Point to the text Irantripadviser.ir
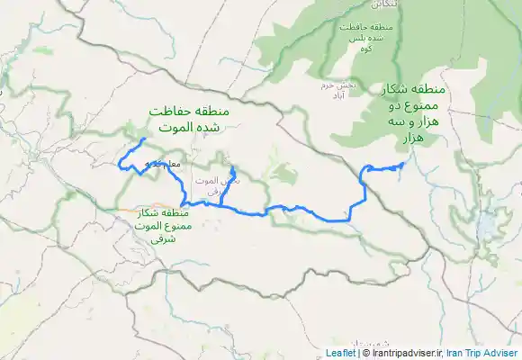click(404, 354)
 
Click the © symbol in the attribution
click(364, 354)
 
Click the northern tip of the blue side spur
click(231, 168)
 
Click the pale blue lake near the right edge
click(493, 220)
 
